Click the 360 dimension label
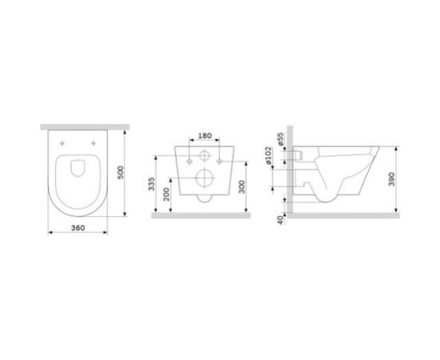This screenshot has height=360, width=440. point(77,228)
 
